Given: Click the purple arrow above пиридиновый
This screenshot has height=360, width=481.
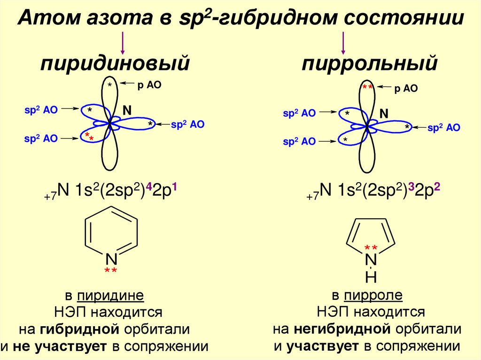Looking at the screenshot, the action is point(123,43).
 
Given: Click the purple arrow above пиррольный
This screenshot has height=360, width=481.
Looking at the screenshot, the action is point(343,43).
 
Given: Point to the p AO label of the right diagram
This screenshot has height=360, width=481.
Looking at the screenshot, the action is point(406,89).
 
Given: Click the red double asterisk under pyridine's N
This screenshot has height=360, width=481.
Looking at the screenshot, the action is point(111,271).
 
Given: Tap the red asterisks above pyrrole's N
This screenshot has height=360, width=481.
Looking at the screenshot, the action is point(371,248).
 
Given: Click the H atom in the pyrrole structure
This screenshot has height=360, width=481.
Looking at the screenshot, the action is point(371,278).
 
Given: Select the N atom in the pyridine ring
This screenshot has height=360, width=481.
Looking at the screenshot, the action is point(111,259).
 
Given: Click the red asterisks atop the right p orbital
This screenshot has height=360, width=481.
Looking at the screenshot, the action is point(367,88).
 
